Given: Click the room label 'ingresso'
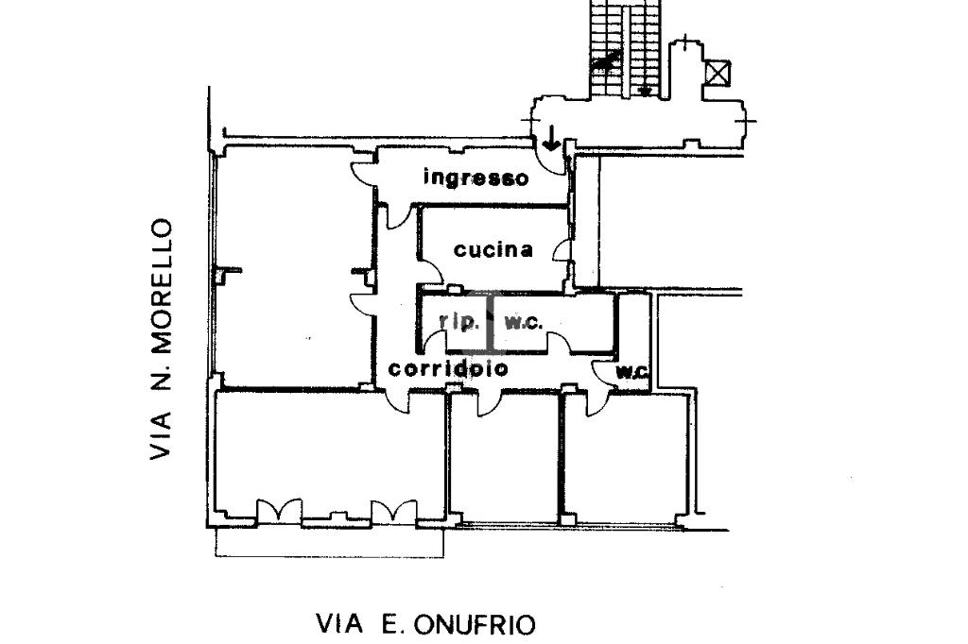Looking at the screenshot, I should click(475, 177).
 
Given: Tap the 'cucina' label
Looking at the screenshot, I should click(493, 250).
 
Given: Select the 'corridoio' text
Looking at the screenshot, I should click(448, 368).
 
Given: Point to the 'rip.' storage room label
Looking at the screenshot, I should click(459, 321).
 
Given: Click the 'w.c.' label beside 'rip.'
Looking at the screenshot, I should click(523, 322).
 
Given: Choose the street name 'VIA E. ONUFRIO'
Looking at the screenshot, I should click(424, 624).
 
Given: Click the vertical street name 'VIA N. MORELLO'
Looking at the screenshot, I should click(162, 340).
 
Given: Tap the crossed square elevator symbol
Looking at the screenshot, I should click(719, 73).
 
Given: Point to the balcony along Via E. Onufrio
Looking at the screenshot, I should click(329, 542).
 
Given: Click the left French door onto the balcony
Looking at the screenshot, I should click(278, 511).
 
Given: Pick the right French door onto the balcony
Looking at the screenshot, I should click(393, 511).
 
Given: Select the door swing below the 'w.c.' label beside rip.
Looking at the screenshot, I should click(558, 343).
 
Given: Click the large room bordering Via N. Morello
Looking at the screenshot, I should click(288, 269).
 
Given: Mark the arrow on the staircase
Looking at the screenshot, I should click(645, 90).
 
